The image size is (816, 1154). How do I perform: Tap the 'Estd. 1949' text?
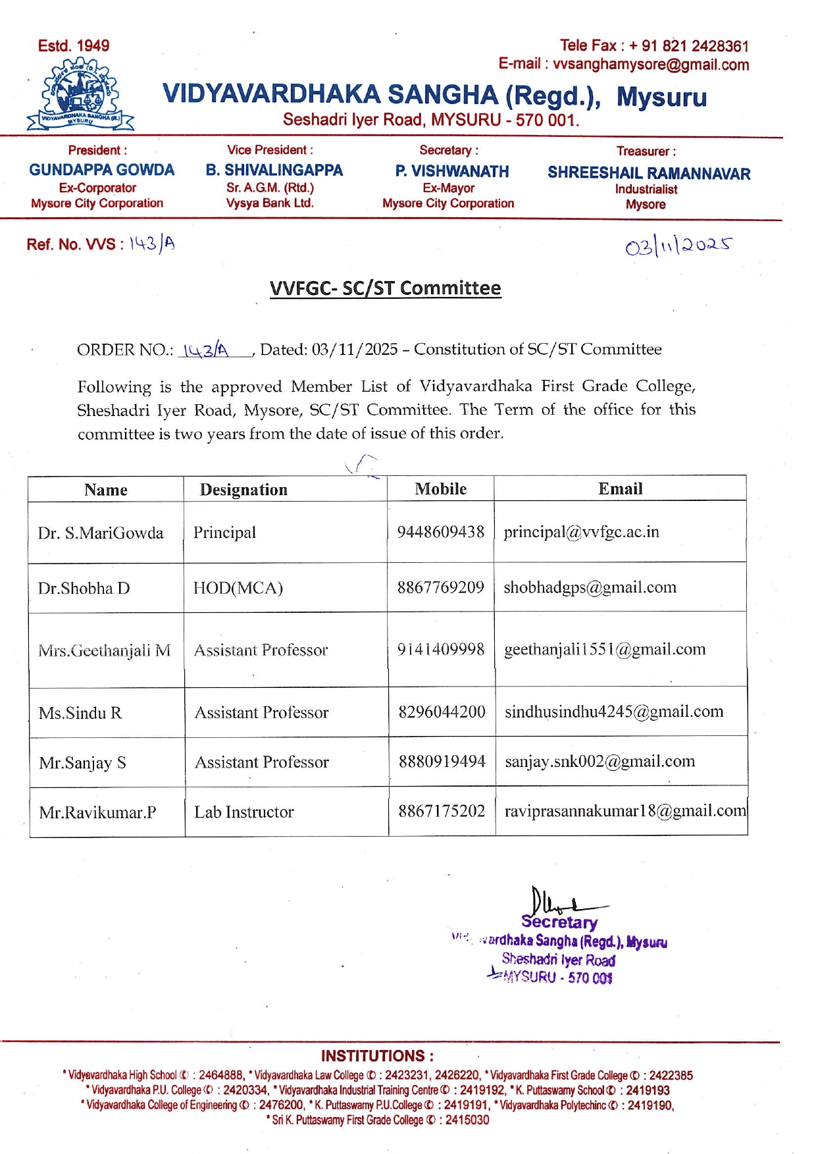click(74, 46)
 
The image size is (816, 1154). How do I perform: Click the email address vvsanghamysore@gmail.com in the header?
click(650, 65)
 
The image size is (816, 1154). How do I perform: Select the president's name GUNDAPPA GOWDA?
click(101, 170)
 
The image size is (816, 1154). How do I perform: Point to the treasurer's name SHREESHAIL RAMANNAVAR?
click(648, 173)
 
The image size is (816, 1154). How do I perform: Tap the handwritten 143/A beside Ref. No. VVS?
click(152, 244)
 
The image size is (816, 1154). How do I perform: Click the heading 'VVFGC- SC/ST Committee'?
click(385, 288)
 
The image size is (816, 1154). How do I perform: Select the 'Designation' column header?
click(243, 490)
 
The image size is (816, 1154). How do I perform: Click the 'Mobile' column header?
click(440, 489)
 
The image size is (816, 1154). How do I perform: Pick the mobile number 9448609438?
click(440, 532)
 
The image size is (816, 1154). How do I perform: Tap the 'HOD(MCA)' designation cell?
click(238, 588)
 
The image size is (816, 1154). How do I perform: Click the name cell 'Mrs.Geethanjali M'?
click(104, 651)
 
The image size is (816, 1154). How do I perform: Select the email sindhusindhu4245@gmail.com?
click(613, 712)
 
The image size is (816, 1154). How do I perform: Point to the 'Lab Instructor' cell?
click(243, 812)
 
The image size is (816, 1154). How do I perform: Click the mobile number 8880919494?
click(442, 762)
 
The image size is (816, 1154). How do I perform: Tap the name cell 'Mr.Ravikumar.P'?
click(97, 813)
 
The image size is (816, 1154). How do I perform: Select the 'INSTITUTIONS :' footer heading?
click(377, 1056)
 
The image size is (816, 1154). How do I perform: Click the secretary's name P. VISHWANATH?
click(451, 171)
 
